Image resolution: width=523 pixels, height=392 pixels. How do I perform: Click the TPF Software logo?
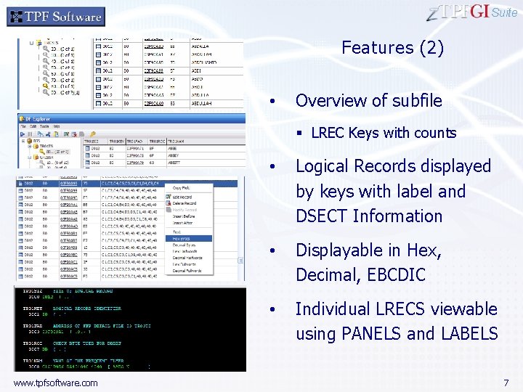pos(56,16)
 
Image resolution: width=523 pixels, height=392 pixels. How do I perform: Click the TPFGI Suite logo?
pos(471,12)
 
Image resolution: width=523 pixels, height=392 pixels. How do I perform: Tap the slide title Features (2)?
pos(392,48)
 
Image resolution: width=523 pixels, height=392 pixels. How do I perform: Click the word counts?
pos(434,133)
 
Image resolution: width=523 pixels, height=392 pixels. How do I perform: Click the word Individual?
pos(333,309)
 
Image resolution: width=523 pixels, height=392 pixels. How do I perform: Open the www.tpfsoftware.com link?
pos(55,382)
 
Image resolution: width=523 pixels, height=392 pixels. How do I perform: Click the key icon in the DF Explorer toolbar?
pos(93,134)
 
